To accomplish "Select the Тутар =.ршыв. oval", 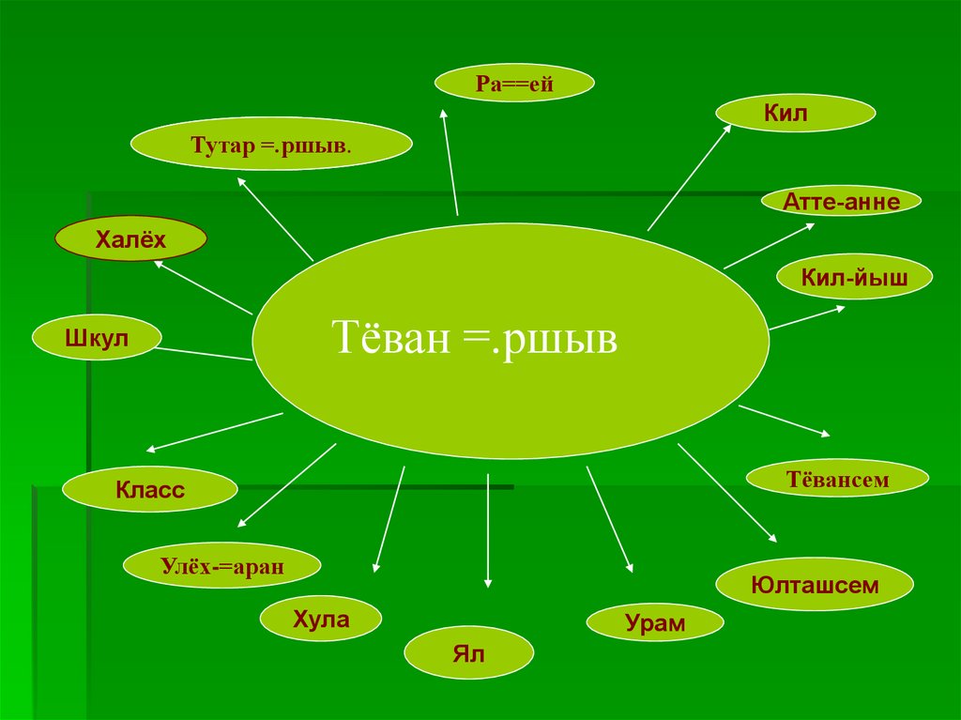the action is click(271, 146).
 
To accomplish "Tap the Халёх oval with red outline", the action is click(130, 241).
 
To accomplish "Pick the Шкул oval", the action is click(97, 339).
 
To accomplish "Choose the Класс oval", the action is click(150, 489).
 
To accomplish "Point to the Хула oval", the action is click(321, 620).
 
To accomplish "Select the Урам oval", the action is click(655, 622).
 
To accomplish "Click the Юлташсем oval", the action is click(815, 586).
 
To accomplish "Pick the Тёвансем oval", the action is click(837, 480).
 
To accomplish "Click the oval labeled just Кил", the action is click(796, 113).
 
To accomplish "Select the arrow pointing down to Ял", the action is click(489, 530).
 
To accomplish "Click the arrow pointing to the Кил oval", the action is click(689, 177).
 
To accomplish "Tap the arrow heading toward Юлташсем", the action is click(726, 493).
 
